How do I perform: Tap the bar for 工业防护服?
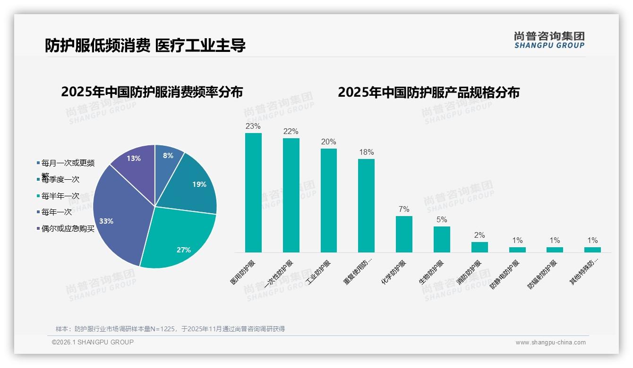pyautogui.click(x=328, y=200)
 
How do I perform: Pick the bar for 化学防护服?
pyautogui.click(x=404, y=234)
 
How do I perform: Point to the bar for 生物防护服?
pyautogui.click(x=442, y=239)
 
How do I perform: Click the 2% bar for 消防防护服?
pyautogui.click(x=479, y=247)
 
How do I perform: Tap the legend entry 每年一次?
pyautogui.click(x=57, y=212)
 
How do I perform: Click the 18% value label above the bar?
pyautogui.click(x=366, y=152)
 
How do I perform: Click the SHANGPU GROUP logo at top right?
pyautogui.click(x=549, y=40)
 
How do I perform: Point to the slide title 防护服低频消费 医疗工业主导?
pyautogui.click(x=145, y=45)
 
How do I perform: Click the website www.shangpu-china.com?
pyautogui.click(x=550, y=343)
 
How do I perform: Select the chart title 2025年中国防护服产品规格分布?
pyautogui.click(x=428, y=92)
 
